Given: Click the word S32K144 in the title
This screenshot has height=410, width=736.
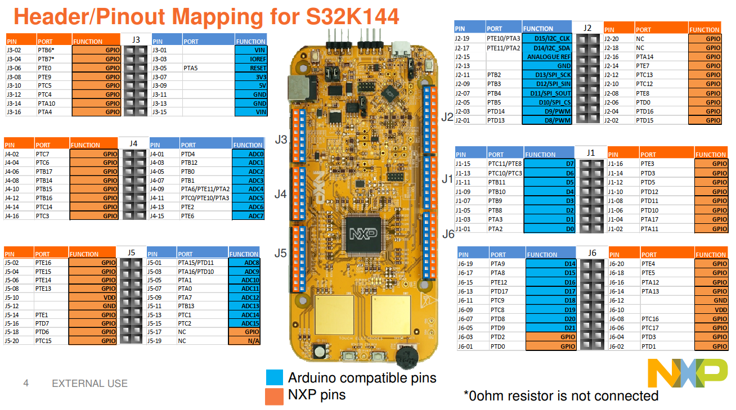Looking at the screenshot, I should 352,16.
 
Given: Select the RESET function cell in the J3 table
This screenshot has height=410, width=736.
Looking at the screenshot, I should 251,68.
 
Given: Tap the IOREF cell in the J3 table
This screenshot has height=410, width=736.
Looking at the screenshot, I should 251,59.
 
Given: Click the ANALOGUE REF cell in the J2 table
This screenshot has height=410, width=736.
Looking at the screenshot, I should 546,57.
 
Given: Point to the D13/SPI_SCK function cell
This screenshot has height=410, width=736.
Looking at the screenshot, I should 546,75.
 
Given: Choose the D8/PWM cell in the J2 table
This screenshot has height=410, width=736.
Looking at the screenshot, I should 546,120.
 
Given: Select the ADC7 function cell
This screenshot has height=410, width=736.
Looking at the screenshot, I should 248,216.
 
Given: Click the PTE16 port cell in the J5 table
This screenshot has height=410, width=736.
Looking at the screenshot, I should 51,263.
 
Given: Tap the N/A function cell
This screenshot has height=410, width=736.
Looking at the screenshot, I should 244,341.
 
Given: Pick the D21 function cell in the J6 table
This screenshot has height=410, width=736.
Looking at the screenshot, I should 551,328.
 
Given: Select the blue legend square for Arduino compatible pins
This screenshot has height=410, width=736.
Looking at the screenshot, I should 274,377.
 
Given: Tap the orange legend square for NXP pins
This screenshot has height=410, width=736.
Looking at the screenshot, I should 274,396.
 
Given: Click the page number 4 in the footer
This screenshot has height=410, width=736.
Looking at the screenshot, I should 26,384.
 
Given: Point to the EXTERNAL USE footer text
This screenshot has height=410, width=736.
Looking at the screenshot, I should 89,384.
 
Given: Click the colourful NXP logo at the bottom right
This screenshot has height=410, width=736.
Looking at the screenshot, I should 683,373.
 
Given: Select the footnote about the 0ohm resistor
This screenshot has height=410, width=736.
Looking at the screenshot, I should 560,396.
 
